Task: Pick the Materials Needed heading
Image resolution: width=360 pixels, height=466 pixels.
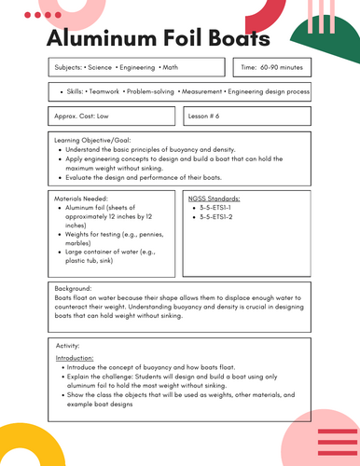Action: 82,199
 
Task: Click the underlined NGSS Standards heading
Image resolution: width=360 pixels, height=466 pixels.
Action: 214,199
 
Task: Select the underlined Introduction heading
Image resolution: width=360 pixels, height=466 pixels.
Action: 75,358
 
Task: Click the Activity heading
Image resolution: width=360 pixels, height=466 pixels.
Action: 67,346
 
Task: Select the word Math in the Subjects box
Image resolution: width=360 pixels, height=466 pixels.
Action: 171,68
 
